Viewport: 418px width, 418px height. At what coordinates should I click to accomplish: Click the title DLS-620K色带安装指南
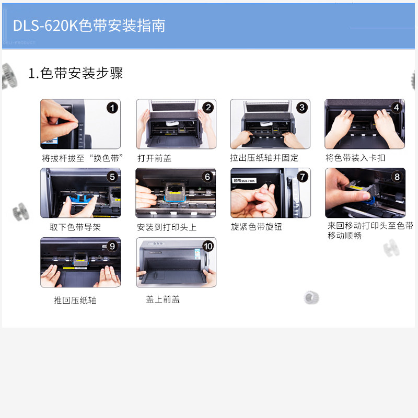coord(89,26)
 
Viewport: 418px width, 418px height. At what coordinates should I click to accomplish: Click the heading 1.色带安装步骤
coord(75,73)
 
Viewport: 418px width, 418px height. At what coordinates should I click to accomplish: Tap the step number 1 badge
coord(112,108)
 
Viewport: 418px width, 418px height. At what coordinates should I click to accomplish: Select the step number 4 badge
coord(397,108)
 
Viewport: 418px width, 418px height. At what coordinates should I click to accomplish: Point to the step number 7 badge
coord(303,177)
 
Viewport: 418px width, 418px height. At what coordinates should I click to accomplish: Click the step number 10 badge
coord(208,246)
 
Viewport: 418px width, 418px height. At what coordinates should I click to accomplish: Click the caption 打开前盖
coord(154,158)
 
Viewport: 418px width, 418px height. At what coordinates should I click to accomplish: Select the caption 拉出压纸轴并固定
coord(264,158)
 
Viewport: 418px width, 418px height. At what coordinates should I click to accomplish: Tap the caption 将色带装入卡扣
coord(355,158)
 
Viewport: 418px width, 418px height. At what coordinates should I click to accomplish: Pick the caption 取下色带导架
coord(75,227)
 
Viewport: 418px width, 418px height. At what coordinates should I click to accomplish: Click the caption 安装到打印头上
coord(167,227)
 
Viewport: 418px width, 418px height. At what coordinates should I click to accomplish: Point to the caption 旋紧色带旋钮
coord(256,227)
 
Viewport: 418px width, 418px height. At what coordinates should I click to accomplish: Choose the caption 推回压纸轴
coord(75,300)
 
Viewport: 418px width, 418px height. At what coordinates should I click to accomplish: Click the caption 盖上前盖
coord(162,299)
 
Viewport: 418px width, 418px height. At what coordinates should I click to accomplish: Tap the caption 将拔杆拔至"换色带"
coord(82,158)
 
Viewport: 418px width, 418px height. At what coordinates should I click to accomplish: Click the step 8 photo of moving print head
coord(365,193)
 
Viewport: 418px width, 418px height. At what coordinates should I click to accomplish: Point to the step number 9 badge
coord(112,246)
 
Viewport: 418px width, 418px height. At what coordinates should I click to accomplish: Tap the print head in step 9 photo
coord(80,259)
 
